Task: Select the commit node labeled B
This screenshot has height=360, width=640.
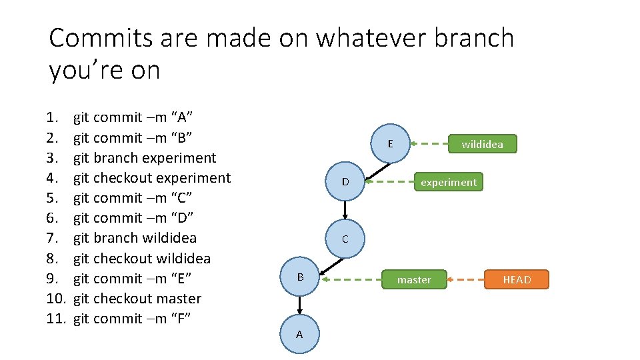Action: [300, 277]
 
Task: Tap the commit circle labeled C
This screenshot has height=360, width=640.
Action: [345, 239]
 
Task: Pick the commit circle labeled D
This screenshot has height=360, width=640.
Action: [345, 181]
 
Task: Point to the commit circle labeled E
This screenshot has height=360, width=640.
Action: [390, 143]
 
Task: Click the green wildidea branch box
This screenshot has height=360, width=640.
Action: [482, 144]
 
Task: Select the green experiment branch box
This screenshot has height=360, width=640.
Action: [448, 182]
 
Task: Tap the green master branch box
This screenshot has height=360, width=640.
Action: [414, 279]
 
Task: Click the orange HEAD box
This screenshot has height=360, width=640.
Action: [517, 279]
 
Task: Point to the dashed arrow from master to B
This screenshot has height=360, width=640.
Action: [350, 279]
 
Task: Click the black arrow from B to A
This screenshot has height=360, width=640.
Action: [300, 305]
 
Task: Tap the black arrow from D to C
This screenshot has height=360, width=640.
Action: [345, 209]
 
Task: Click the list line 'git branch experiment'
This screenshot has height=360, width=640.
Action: [145, 158]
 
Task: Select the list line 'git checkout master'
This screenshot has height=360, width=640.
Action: [137, 299]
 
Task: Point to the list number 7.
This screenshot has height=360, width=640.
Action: [53, 238]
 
